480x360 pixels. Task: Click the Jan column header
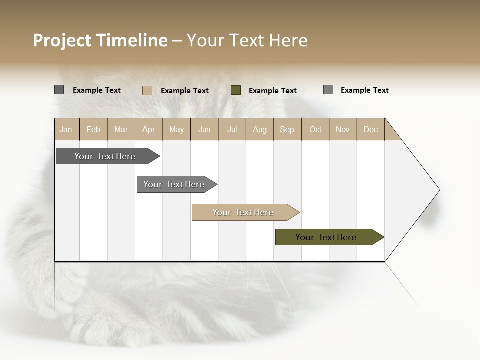[x=66, y=129]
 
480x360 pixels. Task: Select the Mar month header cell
[x=121, y=129]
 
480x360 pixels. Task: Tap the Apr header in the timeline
[x=148, y=129]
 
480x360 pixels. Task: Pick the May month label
[x=176, y=129]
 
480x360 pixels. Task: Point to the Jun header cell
[x=204, y=129]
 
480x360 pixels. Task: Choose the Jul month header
[x=232, y=129]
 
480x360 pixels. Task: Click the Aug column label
[x=259, y=129]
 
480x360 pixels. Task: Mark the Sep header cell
[x=287, y=129]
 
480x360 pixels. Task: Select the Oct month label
[x=315, y=129]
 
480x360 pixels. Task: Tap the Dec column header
[x=370, y=129]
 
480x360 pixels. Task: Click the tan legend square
[x=147, y=90]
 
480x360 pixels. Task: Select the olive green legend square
[x=236, y=90]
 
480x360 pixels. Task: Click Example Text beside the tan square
[x=185, y=91]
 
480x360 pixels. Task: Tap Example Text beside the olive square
[x=273, y=91]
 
